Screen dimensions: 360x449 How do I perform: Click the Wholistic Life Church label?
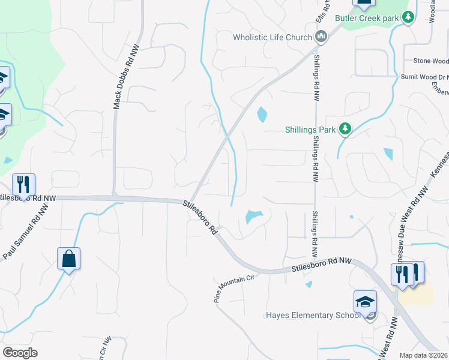tap(272, 37)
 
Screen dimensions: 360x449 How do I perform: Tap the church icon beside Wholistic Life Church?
tap(321, 37)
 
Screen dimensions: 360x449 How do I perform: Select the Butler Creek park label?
tap(367, 18)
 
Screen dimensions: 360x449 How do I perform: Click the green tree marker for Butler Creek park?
tap(408, 17)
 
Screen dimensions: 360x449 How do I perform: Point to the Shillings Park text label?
tap(310, 128)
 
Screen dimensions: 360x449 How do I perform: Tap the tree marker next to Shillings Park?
tap(345, 128)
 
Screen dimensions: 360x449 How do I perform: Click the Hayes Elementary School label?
tap(314, 316)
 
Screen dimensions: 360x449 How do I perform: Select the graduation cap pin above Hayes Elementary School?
tap(365, 302)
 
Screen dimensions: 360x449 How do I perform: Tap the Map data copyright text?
tap(424, 355)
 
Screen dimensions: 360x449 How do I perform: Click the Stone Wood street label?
tap(431, 61)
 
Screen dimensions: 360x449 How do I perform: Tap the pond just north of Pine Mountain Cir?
tap(252, 215)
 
